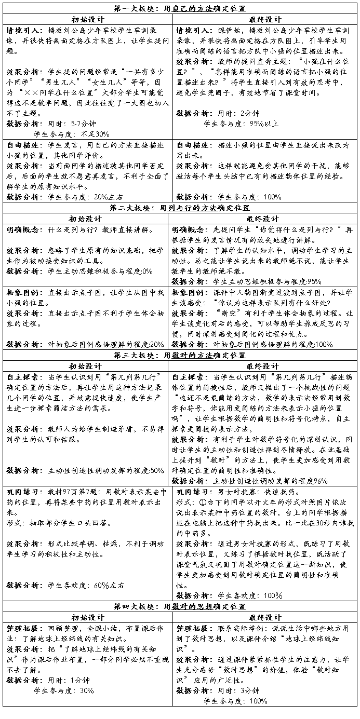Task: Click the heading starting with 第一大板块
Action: tap(180, 9)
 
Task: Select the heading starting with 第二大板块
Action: tap(180, 208)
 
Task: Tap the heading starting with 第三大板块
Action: tap(180, 355)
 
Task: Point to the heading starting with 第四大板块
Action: tap(180, 606)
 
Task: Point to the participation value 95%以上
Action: tap(260, 124)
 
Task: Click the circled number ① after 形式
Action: tap(203, 501)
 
